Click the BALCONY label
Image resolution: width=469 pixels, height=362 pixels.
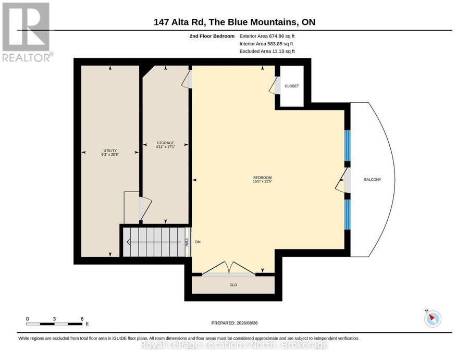tap(373, 179)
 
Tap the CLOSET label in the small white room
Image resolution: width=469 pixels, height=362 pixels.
tap(292, 86)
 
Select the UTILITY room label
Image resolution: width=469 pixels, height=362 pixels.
tap(110, 151)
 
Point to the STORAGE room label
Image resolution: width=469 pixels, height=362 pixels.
tap(165, 143)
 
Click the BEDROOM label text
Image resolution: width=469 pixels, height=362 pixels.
tap(262, 178)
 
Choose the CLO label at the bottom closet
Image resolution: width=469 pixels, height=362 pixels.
tap(233, 285)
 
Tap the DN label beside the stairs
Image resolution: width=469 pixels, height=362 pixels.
tap(198, 242)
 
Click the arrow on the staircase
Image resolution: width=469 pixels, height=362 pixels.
tap(154, 242)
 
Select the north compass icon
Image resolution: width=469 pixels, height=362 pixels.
tap(433, 319)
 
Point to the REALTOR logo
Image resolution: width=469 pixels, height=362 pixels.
tap(27, 32)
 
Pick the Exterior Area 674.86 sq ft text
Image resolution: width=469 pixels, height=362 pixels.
tap(267, 36)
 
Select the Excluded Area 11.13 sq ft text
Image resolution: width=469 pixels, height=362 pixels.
tap(267, 51)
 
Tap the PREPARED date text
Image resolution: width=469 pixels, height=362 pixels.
tap(234, 323)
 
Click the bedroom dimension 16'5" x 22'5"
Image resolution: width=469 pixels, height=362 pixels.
tap(262, 181)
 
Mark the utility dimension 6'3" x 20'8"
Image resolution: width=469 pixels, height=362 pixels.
tap(110, 154)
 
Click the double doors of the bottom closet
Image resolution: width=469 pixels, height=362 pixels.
tap(229, 268)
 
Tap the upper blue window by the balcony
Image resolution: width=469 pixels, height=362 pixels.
tap(347, 145)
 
